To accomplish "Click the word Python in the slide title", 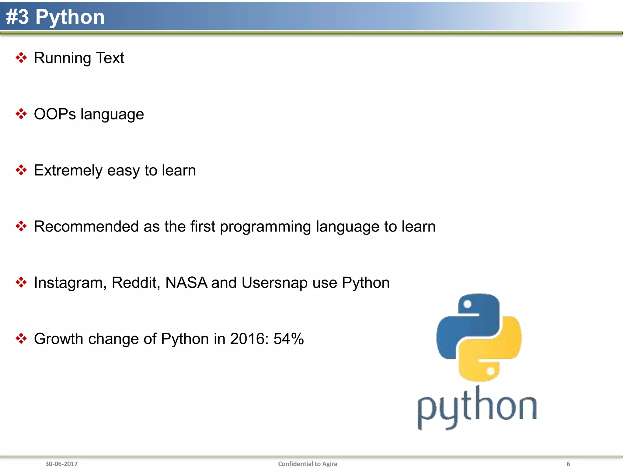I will (70, 17).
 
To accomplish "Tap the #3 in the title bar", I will (17, 17).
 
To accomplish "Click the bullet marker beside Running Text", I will (21, 58).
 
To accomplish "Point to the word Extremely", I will (68, 170).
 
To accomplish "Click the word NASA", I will (186, 283).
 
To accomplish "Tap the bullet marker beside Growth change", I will (21, 339).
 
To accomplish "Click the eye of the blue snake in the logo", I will (468, 304).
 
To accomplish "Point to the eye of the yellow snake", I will (490, 371).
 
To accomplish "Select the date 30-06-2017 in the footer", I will (61, 464).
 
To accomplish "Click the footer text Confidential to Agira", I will (308, 464).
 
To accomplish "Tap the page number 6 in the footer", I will (568, 464).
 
